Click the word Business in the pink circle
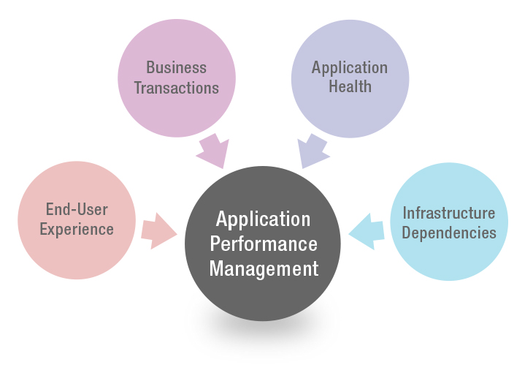tap(176, 68)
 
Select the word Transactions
tap(176, 88)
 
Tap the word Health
tap(350, 86)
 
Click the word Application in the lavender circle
tap(350, 68)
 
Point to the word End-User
tap(77, 210)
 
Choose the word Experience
tap(77, 229)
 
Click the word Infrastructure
tap(449, 214)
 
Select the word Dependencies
tap(449, 233)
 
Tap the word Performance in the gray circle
tap(264, 244)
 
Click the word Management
tap(264, 268)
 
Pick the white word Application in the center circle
tap(264, 219)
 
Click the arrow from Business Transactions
tap(212, 150)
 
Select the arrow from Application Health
tap(313, 150)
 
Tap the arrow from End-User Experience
tap(158, 232)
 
